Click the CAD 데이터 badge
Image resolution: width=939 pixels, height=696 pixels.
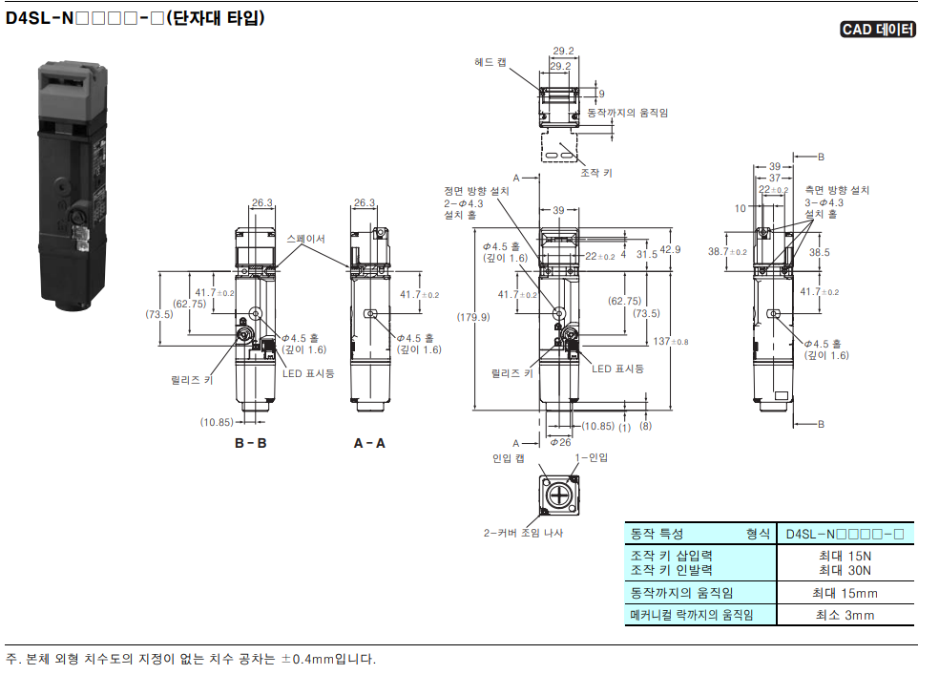[x=878, y=30]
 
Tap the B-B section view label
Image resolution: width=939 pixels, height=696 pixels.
[x=250, y=443]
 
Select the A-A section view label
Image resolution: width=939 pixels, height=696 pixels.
[x=369, y=443]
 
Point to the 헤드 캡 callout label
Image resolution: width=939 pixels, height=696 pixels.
[x=490, y=62]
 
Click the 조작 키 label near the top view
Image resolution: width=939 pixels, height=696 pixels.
[x=595, y=173]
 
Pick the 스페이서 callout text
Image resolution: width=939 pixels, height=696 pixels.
[x=305, y=239]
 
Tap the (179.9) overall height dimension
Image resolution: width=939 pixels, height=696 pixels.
[x=473, y=317]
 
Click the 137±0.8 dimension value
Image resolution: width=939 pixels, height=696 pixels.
[x=671, y=342]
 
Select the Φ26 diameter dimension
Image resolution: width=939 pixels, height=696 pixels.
[x=560, y=442]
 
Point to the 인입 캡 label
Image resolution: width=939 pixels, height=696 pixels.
[x=508, y=458]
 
